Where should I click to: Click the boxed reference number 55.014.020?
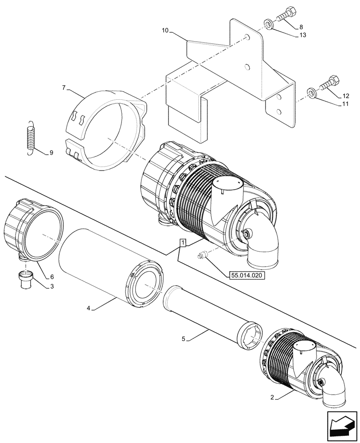(247, 275)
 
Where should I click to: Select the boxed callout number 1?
(183, 242)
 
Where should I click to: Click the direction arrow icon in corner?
(342, 425)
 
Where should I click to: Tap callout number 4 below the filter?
(88, 308)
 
